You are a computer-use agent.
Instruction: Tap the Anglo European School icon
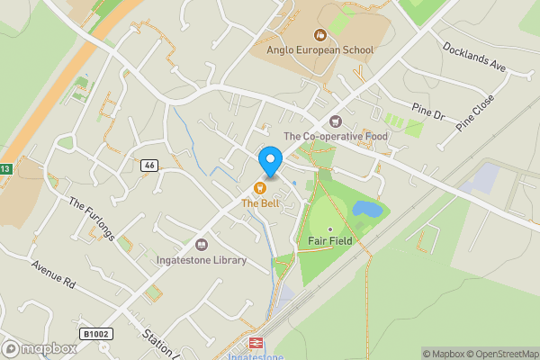319,35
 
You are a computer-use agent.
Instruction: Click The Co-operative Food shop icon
337,121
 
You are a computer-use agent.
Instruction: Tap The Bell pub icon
260,188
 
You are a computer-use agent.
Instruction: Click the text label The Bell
260,203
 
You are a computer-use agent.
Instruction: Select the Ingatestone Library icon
202,244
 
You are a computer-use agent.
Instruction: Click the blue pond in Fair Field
367,210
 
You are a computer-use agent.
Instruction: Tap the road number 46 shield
149,166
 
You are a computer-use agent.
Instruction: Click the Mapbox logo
39,348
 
